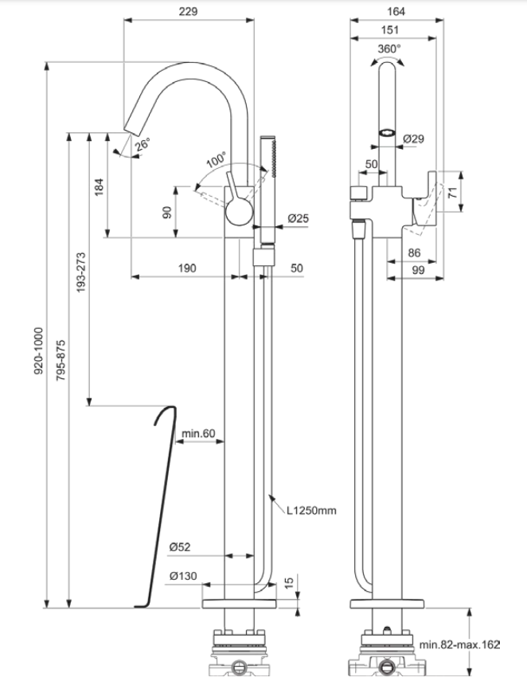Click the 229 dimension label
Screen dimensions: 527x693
(188, 11)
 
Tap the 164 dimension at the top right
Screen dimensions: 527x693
(396, 11)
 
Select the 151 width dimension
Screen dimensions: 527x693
(389, 30)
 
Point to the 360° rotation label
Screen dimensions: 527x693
(389, 49)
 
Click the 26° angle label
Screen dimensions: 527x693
(142, 144)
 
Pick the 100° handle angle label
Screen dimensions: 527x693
(216, 159)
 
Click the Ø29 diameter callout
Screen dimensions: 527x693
(413, 139)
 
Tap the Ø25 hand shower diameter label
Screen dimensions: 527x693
(299, 218)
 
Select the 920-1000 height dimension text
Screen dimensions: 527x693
(39, 351)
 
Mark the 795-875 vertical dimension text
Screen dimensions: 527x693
(61, 360)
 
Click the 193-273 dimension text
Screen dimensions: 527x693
(81, 272)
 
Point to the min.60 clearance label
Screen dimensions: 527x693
(198, 433)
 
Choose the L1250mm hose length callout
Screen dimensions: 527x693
(311, 511)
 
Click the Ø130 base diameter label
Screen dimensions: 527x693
(183, 577)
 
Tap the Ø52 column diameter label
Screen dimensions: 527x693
(180, 547)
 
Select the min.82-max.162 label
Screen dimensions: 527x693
(459, 645)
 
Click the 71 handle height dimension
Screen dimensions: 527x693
(453, 192)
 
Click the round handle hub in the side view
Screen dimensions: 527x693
(240, 212)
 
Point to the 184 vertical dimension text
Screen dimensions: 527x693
(99, 187)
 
